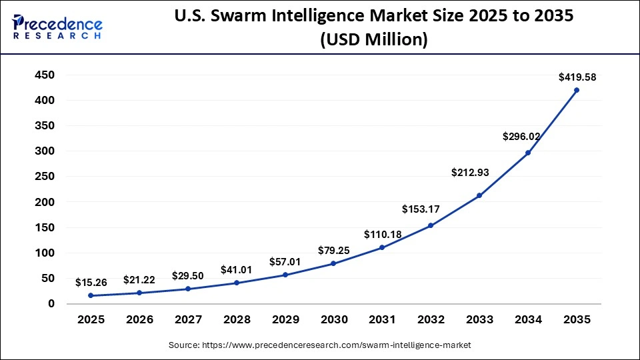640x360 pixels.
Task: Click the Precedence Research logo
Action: (x=57, y=27)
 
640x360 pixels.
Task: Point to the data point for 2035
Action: (x=577, y=90)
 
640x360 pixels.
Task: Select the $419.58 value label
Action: (x=577, y=77)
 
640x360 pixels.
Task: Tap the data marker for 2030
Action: (x=333, y=263)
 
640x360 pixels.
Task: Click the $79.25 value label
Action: (x=333, y=250)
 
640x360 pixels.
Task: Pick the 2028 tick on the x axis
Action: (x=237, y=320)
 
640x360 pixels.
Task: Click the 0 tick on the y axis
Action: (x=51, y=304)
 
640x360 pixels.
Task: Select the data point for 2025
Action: (x=91, y=295)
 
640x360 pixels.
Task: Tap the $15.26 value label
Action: (x=91, y=283)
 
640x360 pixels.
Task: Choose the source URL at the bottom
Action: (x=320, y=345)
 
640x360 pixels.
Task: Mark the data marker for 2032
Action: (x=431, y=225)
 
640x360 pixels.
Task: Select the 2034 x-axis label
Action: (x=528, y=320)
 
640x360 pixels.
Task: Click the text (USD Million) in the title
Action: (x=373, y=41)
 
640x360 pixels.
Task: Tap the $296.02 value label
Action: (x=521, y=137)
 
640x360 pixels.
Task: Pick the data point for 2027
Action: (x=188, y=289)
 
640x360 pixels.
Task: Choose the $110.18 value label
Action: (x=383, y=234)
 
